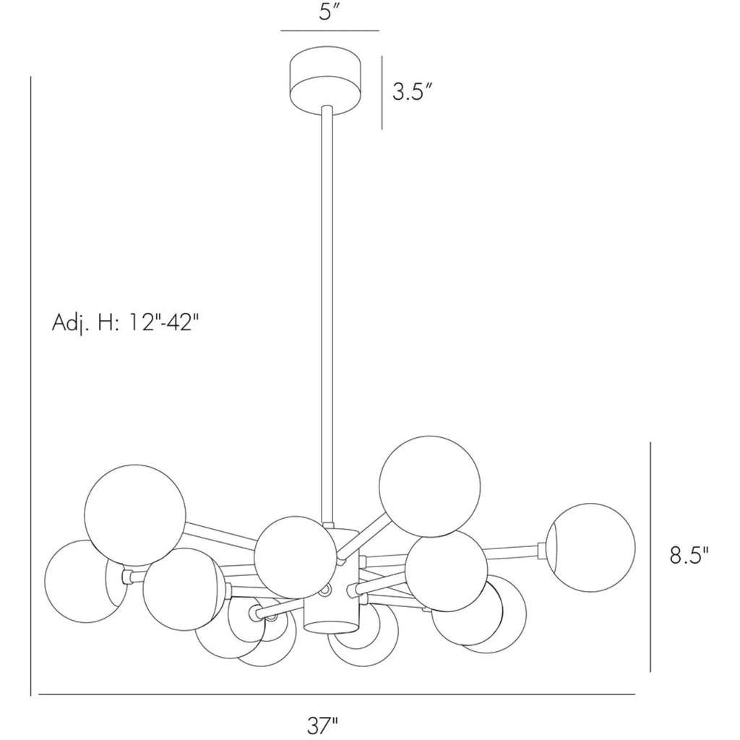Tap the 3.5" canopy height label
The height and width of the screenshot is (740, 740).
click(413, 92)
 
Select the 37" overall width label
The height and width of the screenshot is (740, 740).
click(323, 725)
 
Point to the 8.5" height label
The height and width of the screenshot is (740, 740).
click(689, 556)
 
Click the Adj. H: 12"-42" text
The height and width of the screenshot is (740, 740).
click(123, 323)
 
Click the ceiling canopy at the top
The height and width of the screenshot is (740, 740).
click(326, 81)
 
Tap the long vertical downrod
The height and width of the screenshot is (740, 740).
click(327, 314)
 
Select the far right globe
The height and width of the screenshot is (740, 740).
click(590, 548)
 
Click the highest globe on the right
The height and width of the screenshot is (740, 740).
click(430, 486)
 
